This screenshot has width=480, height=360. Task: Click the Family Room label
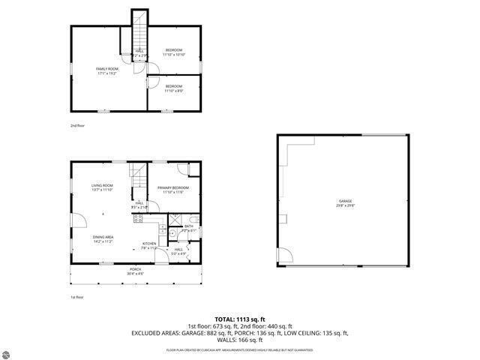pyautogui.click(x=107, y=70)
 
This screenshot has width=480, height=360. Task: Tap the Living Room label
pyautogui.click(x=102, y=187)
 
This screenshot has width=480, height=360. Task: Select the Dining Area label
pyautogui.click(x=103, y=239)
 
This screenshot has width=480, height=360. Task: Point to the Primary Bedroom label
pyautogui.click(x=173, y=190)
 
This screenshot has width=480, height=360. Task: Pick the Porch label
pyautogui.click(x=135, y=271)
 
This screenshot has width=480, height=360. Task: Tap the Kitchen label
pyautogui.click(x=149, y=245)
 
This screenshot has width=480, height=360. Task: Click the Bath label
pyautogui.click(x=188, y=228)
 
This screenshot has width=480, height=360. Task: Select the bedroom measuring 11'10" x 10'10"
pyautogui.click(x=174, y=52)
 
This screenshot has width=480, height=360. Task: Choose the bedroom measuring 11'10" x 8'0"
pyautogui.click(x=174, y=89)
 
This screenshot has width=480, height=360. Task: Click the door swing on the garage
pyautogui.click(x=283, y=256)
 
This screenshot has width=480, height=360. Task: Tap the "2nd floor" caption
pyautogui.click(x=77, y=125)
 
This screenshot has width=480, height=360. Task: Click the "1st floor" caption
pyautogui.click(x=76, y=298)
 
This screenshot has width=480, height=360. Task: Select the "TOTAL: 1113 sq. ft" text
pyautogui.click(x=239, y=319)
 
